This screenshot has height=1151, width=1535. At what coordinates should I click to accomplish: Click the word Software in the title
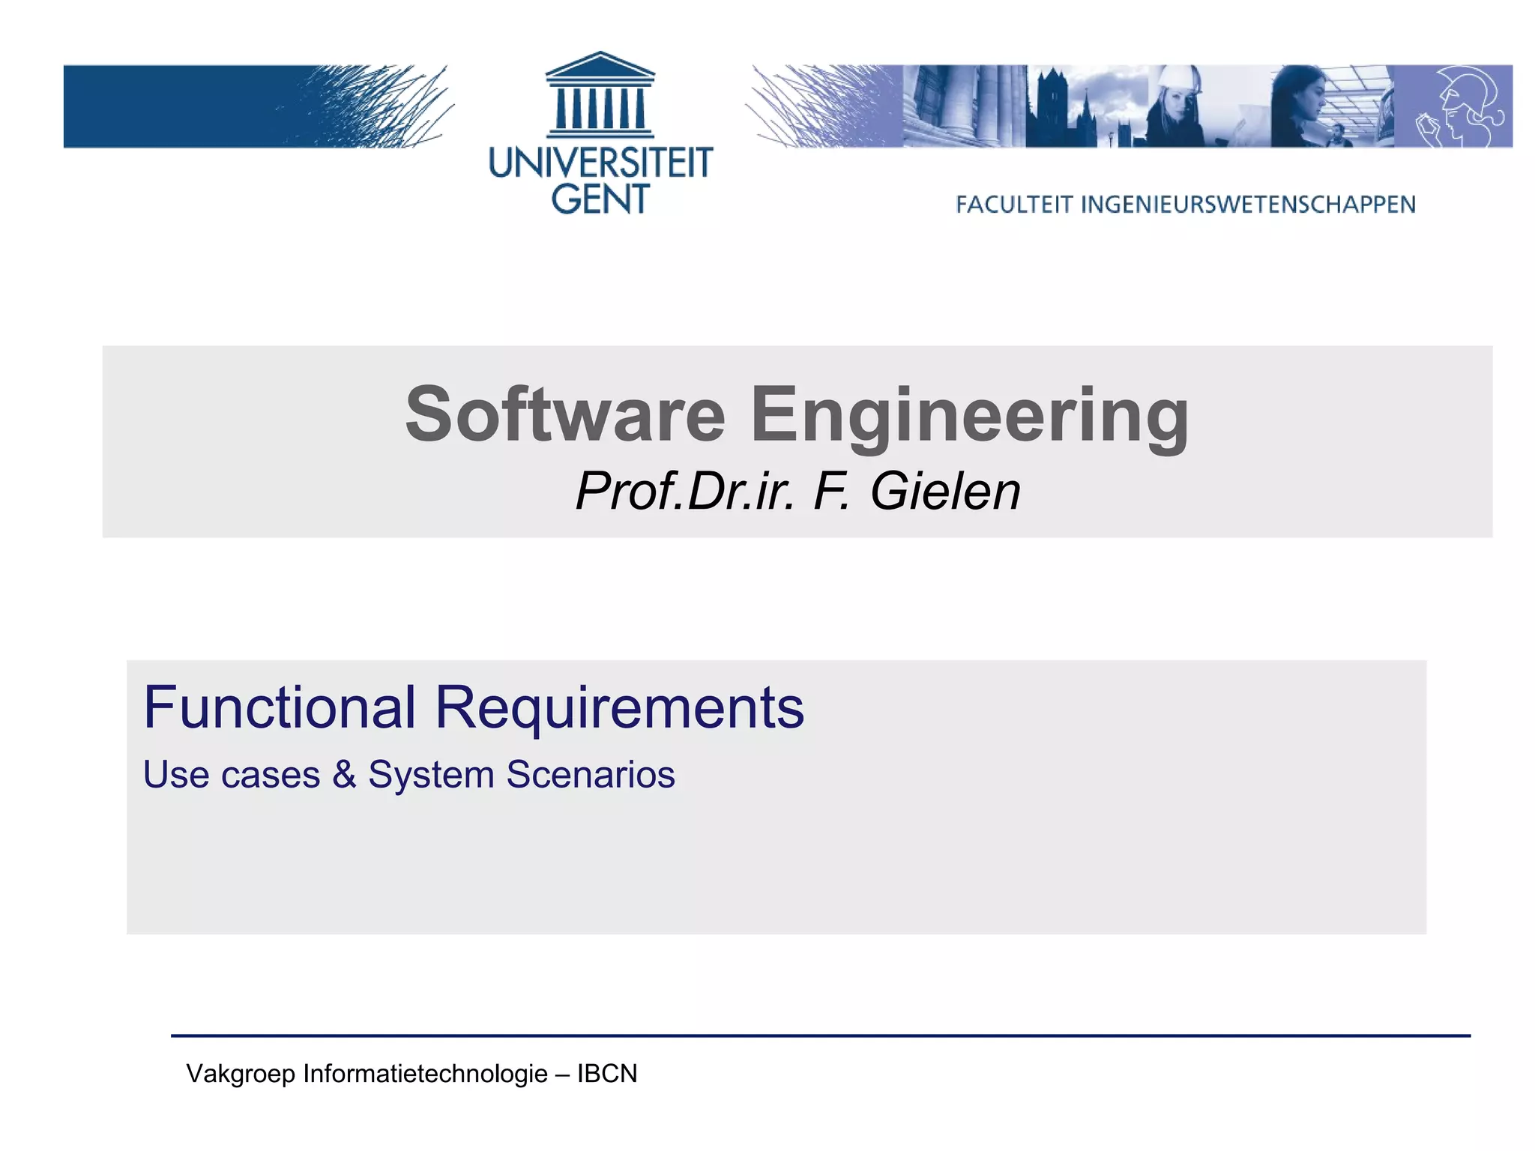pos(565,414)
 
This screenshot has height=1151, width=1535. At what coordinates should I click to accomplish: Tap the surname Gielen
pos(945,492)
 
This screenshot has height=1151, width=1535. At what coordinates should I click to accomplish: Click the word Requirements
pos(619,708)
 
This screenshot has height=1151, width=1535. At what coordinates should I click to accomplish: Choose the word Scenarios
pos(590,774)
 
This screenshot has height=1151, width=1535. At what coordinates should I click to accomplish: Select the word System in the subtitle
pos(431,776)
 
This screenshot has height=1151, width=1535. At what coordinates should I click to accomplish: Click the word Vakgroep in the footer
pos(241,1074)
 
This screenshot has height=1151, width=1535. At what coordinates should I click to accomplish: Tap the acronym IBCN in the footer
pos(607,1073)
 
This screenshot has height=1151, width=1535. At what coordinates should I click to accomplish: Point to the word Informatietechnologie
pos(425,1074)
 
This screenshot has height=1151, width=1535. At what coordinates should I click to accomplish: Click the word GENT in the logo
pos(600,199)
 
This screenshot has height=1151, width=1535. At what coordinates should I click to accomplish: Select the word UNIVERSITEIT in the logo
pos(600,163)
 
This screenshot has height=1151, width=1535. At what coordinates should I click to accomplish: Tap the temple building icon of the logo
pos(600,95)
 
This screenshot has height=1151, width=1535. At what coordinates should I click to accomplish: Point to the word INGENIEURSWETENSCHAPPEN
pos(1248,205)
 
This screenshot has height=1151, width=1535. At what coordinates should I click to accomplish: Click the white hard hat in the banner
pos(1177,81)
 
